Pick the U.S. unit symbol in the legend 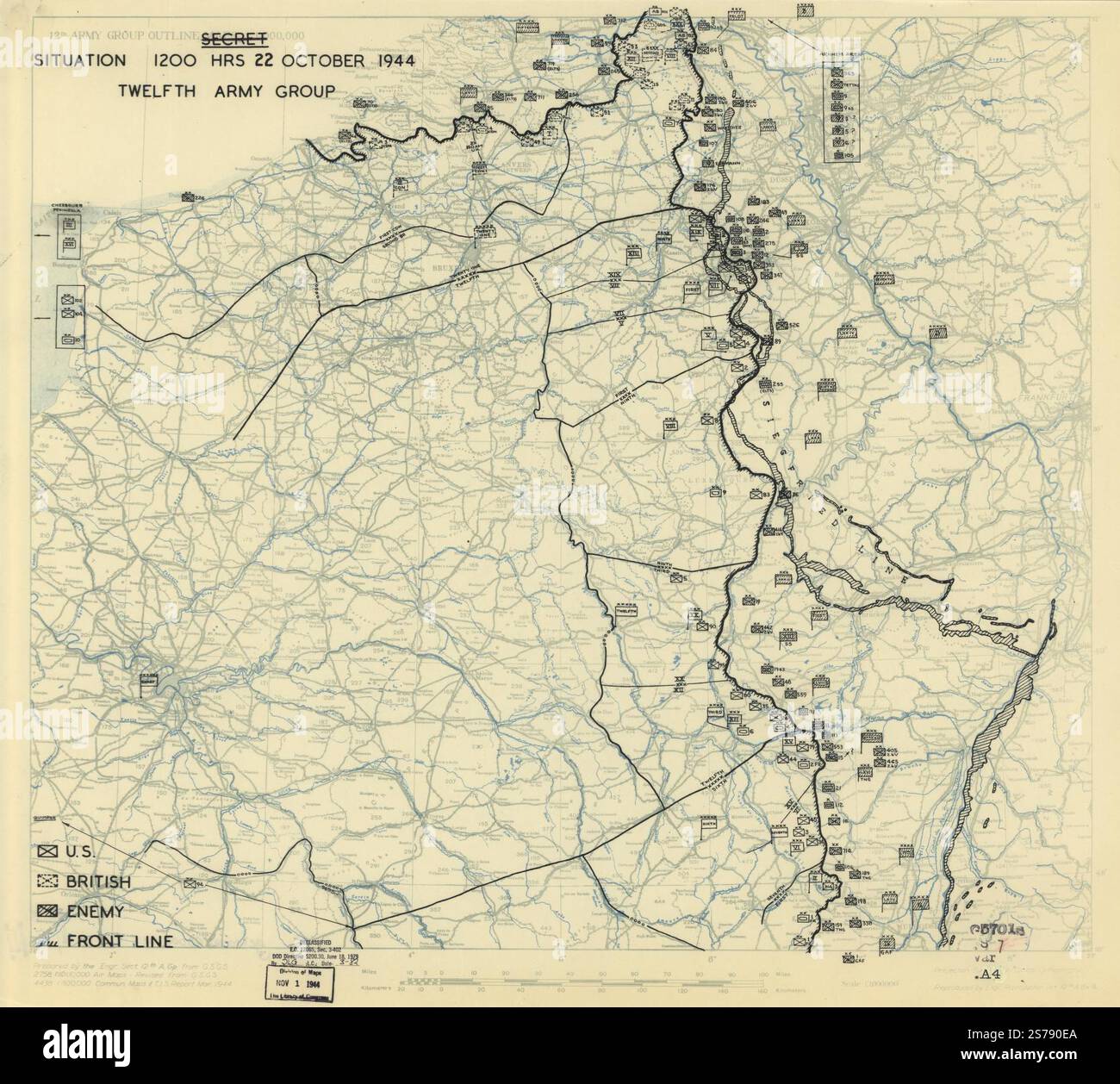coord(47,851)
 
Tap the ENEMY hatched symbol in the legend coord(47,911)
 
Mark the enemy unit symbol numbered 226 coord(187,197)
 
